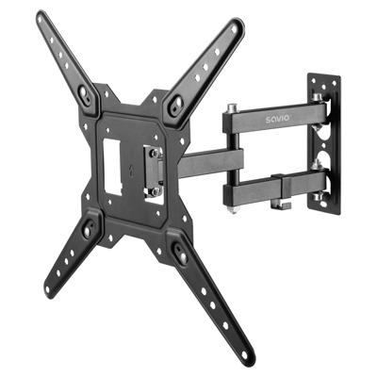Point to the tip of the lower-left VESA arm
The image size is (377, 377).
[49, 289]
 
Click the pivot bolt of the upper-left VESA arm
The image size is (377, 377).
[86, 94]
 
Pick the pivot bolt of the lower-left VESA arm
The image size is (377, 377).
[90, 228]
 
